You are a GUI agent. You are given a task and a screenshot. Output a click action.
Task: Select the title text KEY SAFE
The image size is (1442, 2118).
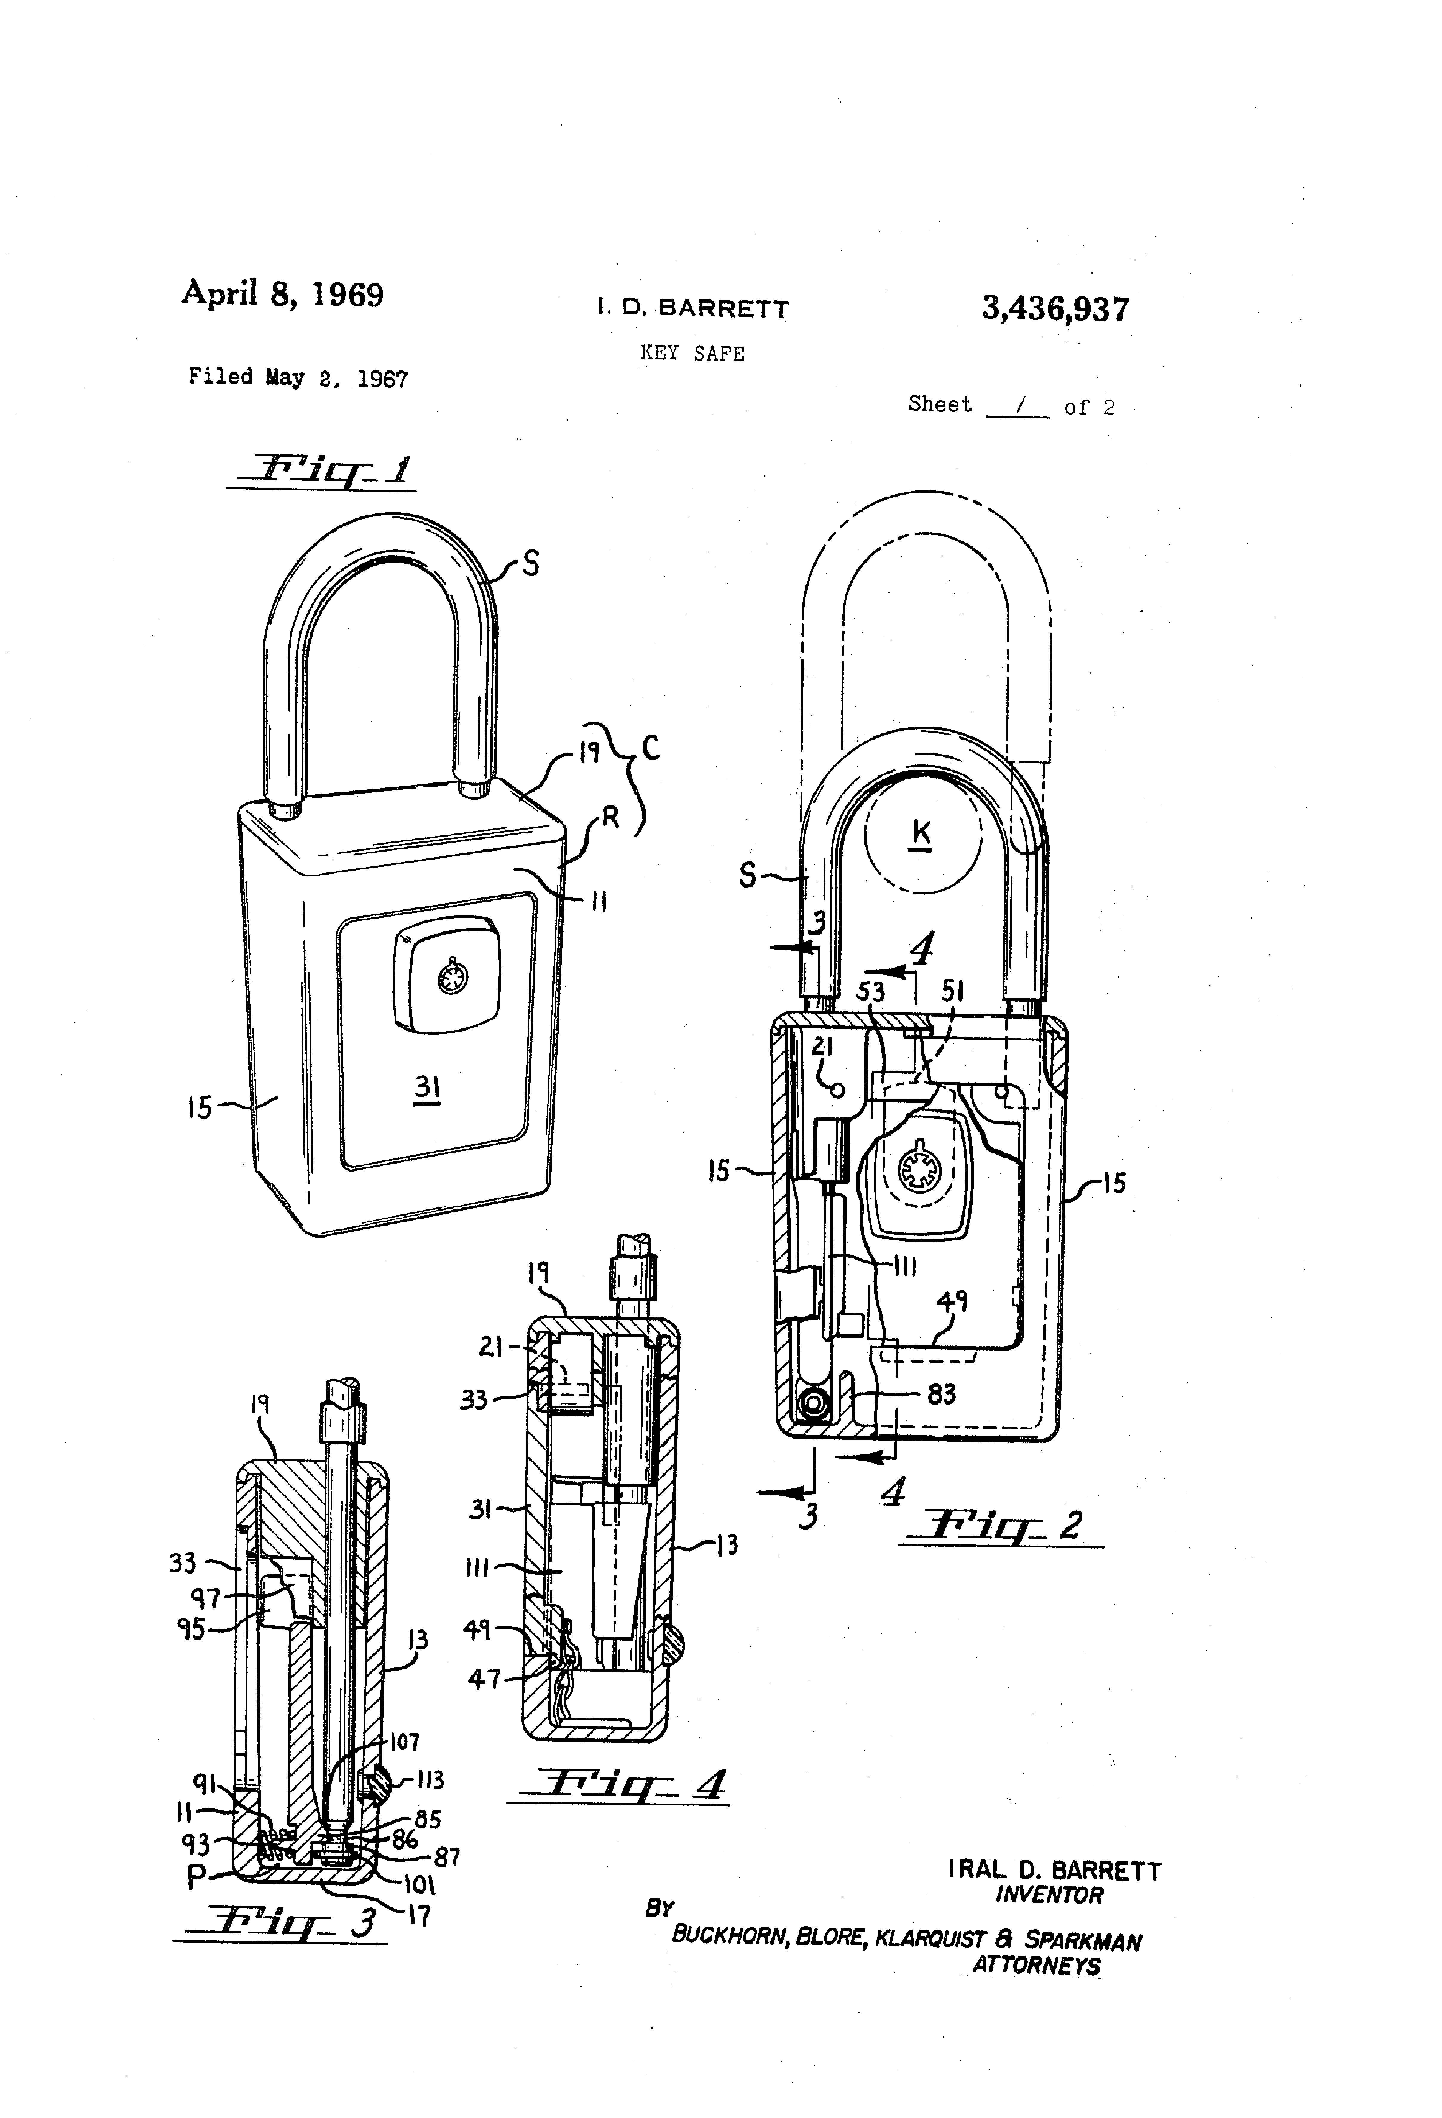coord(693,354)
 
